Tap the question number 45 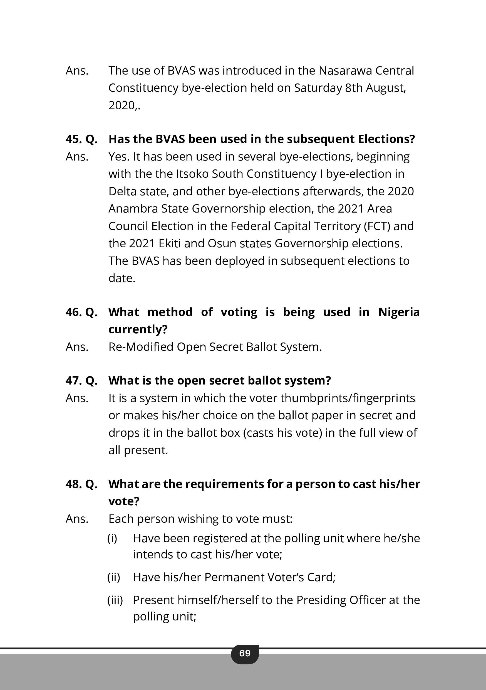tap(73, 139)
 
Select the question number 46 tap(73, 312)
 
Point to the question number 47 tap(73, 381)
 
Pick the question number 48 tap(73, 484)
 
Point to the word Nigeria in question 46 tap(399, 312)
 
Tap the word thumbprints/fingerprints tap(348, 398)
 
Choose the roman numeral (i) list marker tap(112, 538)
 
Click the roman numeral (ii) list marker tap(113, 577)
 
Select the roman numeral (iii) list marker tap(115, 600)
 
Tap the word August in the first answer tap(385, 88)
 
